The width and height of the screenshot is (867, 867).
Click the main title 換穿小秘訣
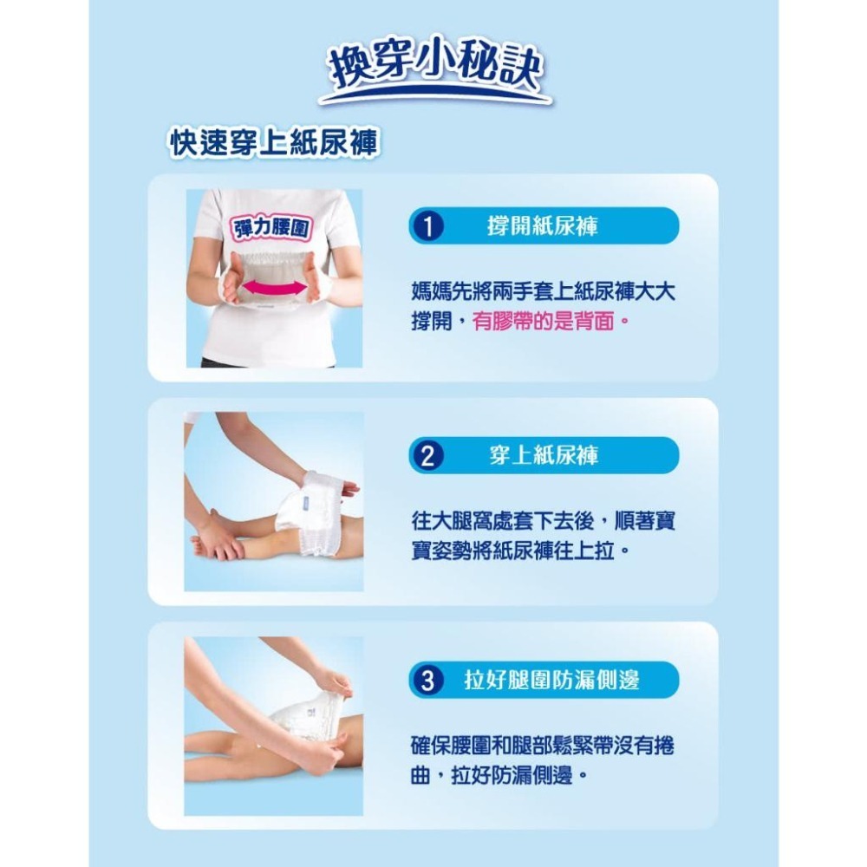coord(435,69)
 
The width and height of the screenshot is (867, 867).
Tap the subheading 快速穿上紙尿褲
coord(274,143)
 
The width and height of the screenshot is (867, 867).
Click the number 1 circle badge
coord(427,225)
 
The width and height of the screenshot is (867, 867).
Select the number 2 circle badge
coord(427,456)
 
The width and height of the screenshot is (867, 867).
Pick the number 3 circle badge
coord(427,680)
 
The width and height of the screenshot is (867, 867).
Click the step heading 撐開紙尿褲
coord(543,225)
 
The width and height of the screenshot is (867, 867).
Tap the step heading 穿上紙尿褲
coord(544,456)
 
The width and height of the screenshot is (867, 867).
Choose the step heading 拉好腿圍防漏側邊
coord(551,680)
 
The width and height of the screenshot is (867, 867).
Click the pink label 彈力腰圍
coord(271,228)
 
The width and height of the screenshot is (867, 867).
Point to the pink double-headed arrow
coord(274,287)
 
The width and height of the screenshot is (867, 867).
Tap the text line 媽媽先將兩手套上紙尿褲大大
coord(544,290)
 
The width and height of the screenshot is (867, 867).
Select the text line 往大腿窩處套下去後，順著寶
coord(544,520)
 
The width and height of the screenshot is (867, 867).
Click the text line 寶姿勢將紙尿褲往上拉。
coord(520,551)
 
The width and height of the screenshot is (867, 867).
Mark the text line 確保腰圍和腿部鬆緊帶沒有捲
coord(543,746)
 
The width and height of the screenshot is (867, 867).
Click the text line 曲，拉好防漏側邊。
coord(499,776)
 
